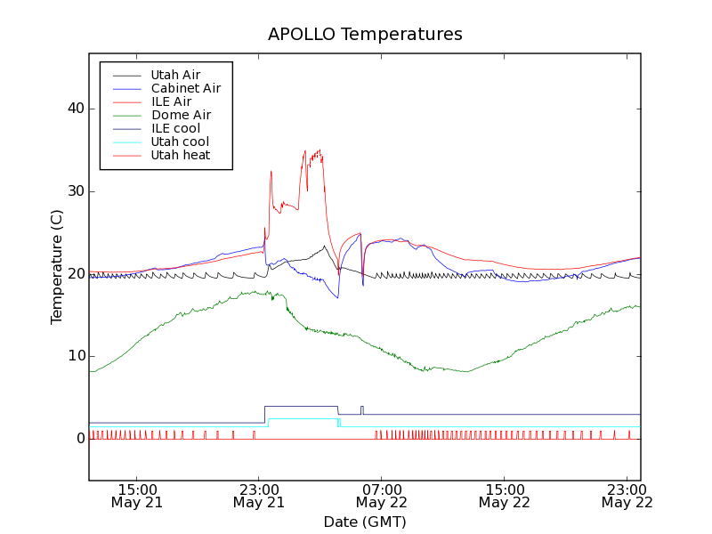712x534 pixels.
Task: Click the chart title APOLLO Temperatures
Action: tap(365, 35)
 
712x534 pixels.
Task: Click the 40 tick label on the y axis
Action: tap(75, 109)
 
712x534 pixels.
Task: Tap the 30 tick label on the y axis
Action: tap(75, 191)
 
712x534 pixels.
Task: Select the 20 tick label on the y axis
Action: tap(75, 273)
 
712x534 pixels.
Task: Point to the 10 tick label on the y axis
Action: tap(75, 356)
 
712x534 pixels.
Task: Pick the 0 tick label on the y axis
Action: tap(80, 439)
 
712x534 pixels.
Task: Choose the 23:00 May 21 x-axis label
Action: tap(259, 495)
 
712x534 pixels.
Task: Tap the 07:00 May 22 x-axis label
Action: tap(381, 495)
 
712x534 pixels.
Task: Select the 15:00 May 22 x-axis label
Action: tap(504, 495)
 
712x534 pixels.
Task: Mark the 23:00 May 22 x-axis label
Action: tap(627, 495)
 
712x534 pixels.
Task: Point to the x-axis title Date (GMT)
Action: tap(365, 522)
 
